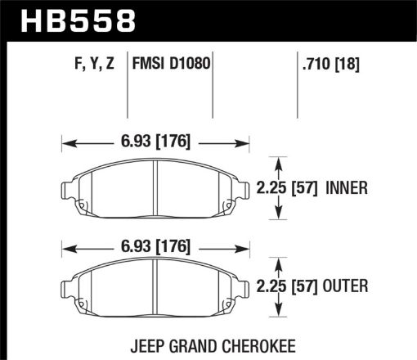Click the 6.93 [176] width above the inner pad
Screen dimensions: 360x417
point(155,142)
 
